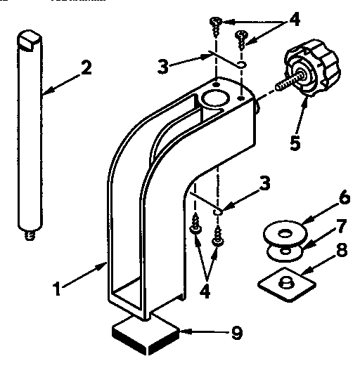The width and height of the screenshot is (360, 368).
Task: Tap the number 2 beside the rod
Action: point(85,68)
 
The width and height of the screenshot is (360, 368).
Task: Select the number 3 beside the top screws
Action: point(162,67)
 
